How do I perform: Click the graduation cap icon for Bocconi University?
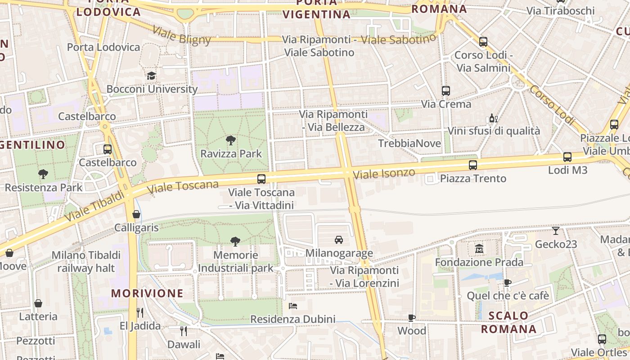coord(151,76)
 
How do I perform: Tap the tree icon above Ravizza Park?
coord(231,140)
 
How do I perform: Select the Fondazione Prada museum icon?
coord(479,248)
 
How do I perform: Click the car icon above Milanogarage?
coord(339,239)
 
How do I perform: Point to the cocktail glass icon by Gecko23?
coord(556,231)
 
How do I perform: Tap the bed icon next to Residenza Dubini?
coord(292,306)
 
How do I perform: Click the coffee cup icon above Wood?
coord(411,318)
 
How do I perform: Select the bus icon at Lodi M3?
coord(567,157)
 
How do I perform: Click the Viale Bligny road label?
coord(181,35)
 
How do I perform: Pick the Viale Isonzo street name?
coord(384,173)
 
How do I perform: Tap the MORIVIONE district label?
coord(147,293)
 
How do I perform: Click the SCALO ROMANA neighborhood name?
coord(508,322)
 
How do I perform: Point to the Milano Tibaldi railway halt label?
coord(86,261)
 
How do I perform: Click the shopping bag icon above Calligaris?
coord(136,214)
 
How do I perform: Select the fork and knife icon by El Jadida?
coord(140,312)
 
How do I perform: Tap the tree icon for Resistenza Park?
coord(43,174)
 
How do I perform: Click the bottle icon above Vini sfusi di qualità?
coord(493,118)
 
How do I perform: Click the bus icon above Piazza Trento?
coord(472,165)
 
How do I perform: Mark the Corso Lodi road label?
coord(552,105)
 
